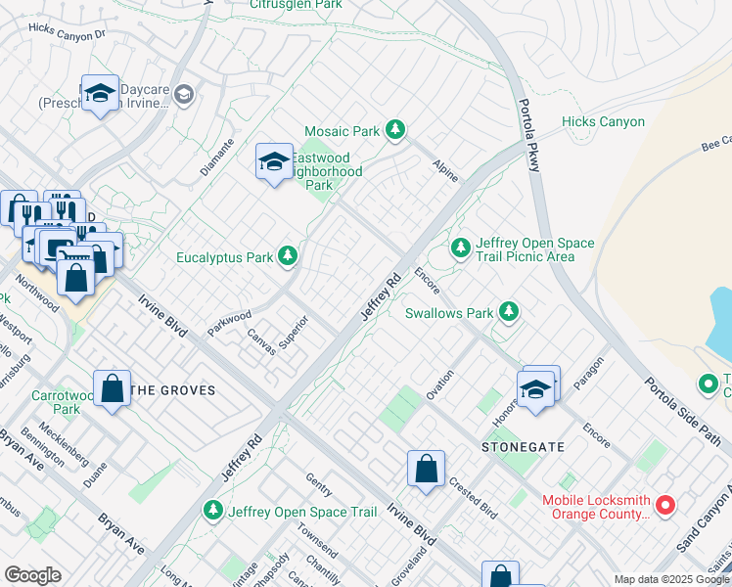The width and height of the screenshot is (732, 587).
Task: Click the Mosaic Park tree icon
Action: click(x=394, y=130)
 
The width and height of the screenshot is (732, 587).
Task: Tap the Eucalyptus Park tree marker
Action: click(x=287, y=257)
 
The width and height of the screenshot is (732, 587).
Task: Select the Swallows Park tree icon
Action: click(x=508, y=313)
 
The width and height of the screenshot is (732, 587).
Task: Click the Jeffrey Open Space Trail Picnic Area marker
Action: click(x=461, y=248)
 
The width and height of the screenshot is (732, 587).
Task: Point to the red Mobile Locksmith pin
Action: click(x=665, y=506)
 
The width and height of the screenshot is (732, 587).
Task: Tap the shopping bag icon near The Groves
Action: click(x=113, y=387)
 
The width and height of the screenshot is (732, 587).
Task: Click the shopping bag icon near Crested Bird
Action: click(x=427, y=469)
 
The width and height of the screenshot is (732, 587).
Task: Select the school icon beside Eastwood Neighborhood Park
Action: click(x=274, y=161)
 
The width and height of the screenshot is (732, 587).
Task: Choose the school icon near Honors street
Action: click(x=537, y=388)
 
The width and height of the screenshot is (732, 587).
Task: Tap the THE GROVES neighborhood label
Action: click(x=172, y=390)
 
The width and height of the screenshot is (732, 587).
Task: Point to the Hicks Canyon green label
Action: click(x=603, y=122)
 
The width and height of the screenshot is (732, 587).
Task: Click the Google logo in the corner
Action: click(x=32, y=575)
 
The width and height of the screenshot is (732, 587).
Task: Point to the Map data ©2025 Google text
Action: click(x=670, y=579)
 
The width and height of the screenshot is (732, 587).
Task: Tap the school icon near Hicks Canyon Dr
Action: click(x=100, y=93)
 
